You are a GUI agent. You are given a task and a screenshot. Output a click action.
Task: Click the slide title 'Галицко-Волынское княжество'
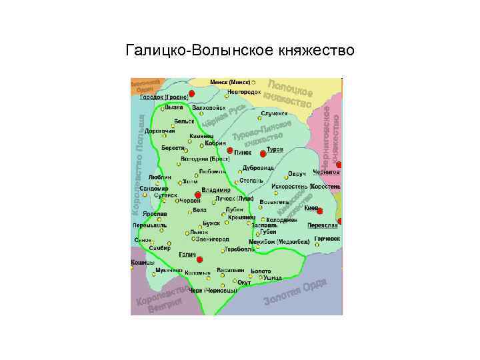(x=240, y=51)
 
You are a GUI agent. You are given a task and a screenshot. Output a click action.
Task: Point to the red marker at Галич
(x=199, y=259)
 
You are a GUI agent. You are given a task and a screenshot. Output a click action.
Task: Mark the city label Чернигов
(x=327, y=171)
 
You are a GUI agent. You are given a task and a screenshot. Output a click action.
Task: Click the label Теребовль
(x=240, y=249)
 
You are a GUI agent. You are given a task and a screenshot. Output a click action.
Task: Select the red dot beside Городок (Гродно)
(x=191, y=93)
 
